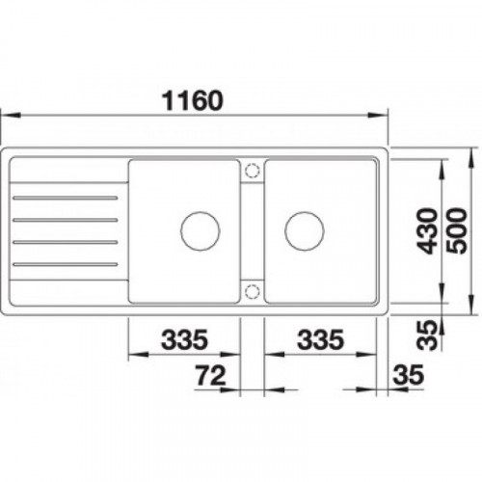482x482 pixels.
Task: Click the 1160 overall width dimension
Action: click(x=192, y=100)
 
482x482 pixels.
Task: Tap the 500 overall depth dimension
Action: click(x=457, y=231)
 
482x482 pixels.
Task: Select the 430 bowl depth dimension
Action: click(x=427, y=231)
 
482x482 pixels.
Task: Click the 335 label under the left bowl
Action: click(x=184, y=339)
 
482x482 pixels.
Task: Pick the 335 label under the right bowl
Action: click(x=320, y=339)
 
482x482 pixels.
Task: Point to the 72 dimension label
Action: click(x=211, y=376)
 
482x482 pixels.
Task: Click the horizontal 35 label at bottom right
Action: click(x=409, y=374)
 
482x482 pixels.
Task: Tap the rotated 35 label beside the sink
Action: click(x=427, y=335)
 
